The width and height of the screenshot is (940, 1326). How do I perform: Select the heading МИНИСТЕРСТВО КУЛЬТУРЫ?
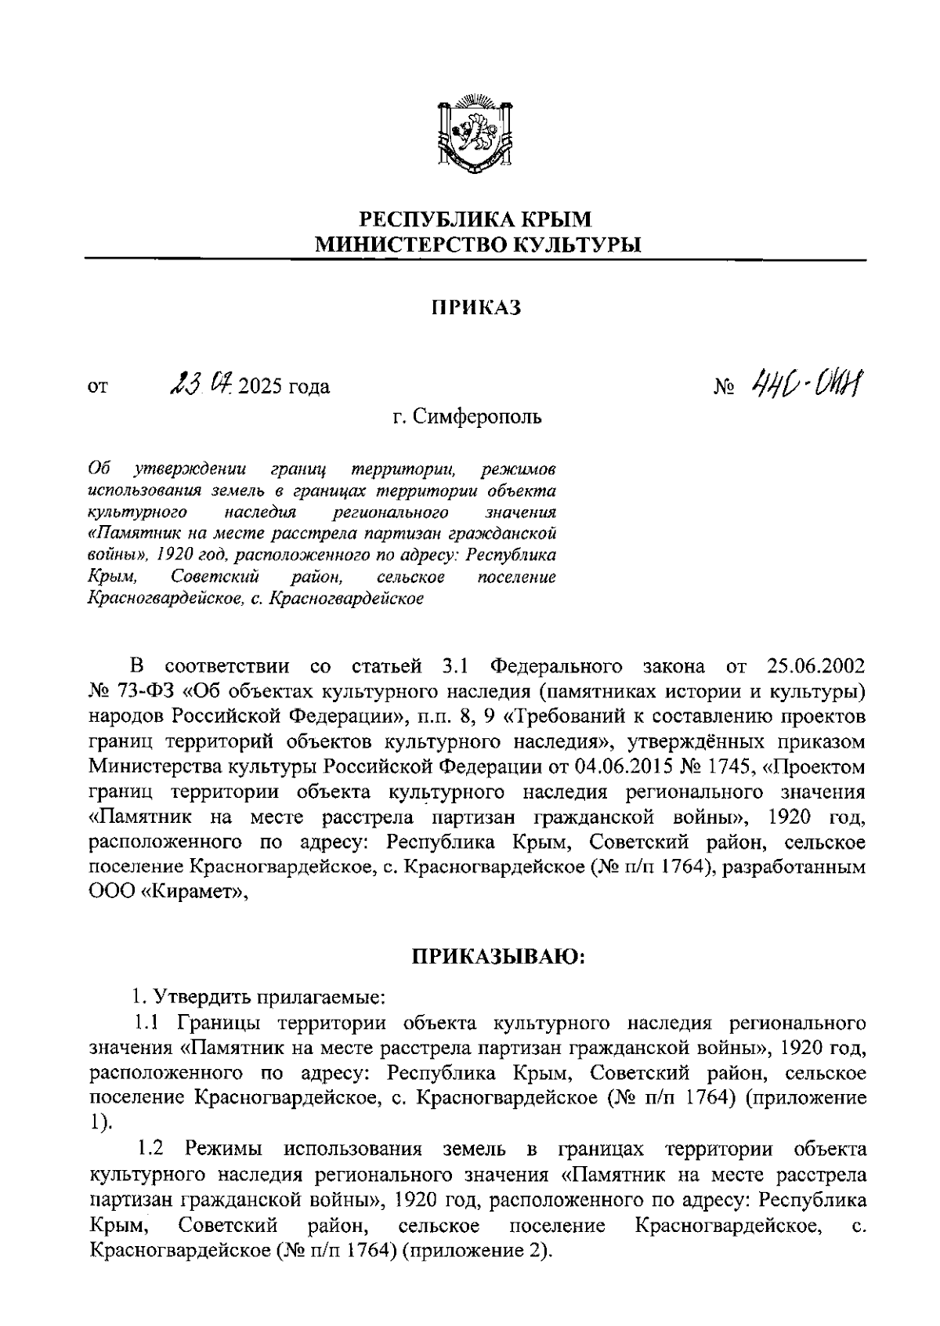click(x=476, y=245)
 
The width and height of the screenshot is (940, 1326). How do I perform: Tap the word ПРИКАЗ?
click(x=476, y=308)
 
